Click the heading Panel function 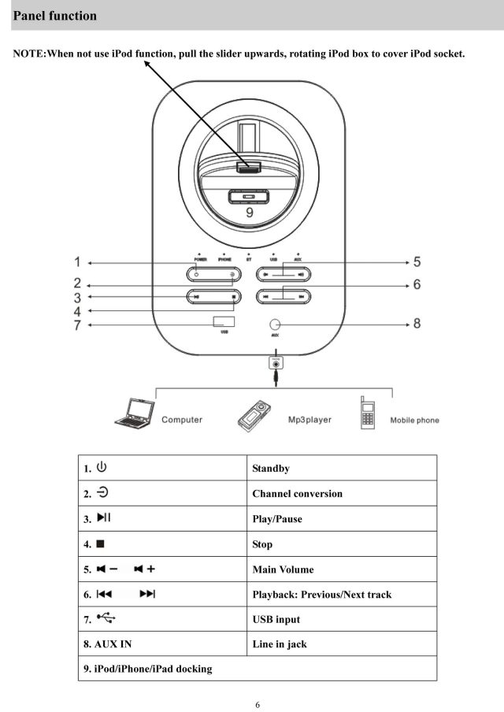[x=55, y=16]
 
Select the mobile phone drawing [x=368, y=413]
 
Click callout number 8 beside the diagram [x=417, y=323]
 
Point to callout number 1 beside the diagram [x=78, y=262]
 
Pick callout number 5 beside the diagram [x=417, y=262]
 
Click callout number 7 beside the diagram [x=78, y=324]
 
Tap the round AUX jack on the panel [x=275, y=324]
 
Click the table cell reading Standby [x=270, y=469]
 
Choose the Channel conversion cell [x=297, y=494]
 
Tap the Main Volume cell [x=283, y=569]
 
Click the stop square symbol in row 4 [x=101, y=543]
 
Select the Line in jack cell [x=280, y=644]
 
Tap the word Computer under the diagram [x=182, y=420]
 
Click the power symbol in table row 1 [x=102, y=467]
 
